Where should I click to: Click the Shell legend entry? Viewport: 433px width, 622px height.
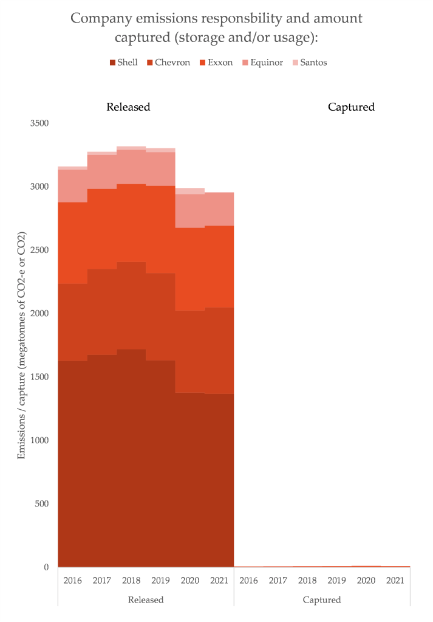pos(123,62)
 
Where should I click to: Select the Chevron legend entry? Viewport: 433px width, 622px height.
pos(168,62)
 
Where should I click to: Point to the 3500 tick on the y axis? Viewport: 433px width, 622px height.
pos(39,123)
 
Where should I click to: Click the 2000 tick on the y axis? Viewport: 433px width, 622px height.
pos(39,314)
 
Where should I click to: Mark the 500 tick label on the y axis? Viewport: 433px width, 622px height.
pos(41,504)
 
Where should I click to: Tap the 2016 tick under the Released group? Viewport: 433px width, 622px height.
pos(72,580)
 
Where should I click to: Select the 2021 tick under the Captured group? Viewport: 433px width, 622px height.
pos(395,580)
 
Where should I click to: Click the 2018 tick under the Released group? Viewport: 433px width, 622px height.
pos(131,580)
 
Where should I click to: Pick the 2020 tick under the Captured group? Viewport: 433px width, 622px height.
pos(366,580)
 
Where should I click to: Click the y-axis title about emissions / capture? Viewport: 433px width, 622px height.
pos(22,345)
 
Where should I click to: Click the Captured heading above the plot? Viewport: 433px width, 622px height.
pos(351,107)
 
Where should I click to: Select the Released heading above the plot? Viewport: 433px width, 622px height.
pos(128,107)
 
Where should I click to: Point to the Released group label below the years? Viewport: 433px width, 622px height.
pos(146,600)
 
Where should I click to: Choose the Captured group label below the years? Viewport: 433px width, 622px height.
pos(322,600)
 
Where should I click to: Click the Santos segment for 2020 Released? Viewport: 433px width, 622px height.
pos(190,191)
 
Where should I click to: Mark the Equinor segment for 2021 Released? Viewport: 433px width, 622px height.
pos(219,209)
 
